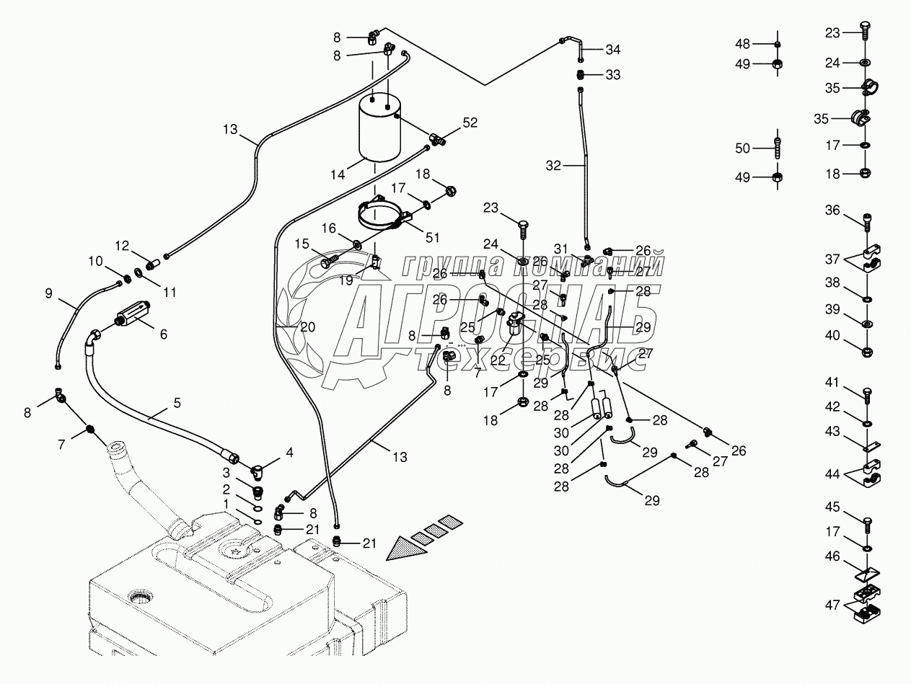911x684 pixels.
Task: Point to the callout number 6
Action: [163, 334]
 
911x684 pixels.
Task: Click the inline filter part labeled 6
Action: [131, 316]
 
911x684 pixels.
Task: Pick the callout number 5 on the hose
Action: [177, 404]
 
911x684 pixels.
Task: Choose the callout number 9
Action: [49, 294]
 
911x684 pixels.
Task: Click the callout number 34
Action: [612, 50]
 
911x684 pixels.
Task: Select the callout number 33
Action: [612, 74]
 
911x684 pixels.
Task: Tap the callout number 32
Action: [553, 166]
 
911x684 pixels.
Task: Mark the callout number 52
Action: [470, 123]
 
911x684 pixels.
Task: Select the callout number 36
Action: [832, 210]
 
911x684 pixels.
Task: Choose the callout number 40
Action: [832, 334]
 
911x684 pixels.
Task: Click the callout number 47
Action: [832, 605]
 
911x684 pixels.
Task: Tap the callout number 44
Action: [832, 475]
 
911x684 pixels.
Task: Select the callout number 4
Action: [289, 453]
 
